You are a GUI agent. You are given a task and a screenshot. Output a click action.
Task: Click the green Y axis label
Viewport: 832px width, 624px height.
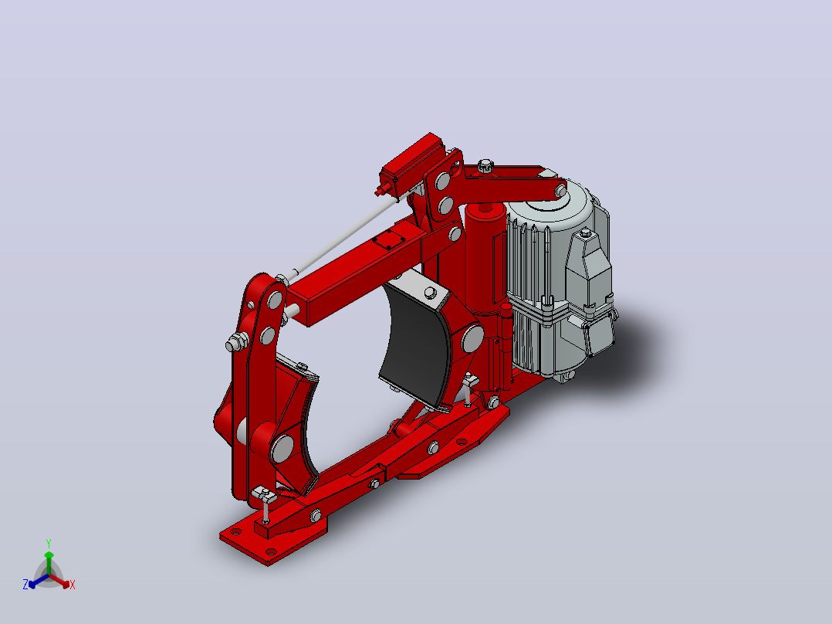coord(49,543)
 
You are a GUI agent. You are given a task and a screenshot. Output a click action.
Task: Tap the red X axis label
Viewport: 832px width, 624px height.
coord(73,585)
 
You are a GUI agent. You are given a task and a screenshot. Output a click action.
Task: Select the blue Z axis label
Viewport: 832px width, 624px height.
coord(25,584)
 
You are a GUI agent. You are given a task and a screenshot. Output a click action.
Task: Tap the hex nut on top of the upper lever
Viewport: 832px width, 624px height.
coord(485,165)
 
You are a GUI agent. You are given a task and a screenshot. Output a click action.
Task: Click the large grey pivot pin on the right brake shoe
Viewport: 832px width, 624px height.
coord(472,338)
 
